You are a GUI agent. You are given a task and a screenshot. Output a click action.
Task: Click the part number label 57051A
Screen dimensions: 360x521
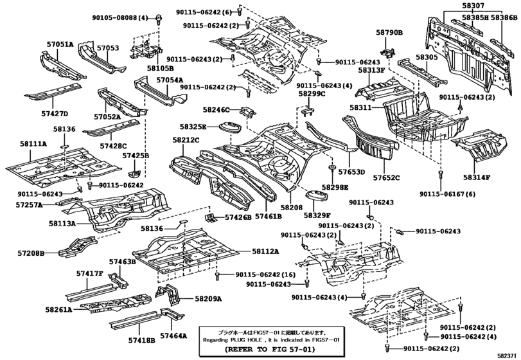58,44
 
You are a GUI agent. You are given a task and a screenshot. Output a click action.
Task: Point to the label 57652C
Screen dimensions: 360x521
387,178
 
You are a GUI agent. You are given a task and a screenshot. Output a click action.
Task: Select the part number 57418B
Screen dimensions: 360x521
141,339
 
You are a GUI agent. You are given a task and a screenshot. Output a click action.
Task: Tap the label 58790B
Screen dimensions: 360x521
389,31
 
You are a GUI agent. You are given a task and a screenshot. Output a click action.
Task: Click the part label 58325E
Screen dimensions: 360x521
193,127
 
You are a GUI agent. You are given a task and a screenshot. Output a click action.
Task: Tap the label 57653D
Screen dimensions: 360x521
352,172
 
